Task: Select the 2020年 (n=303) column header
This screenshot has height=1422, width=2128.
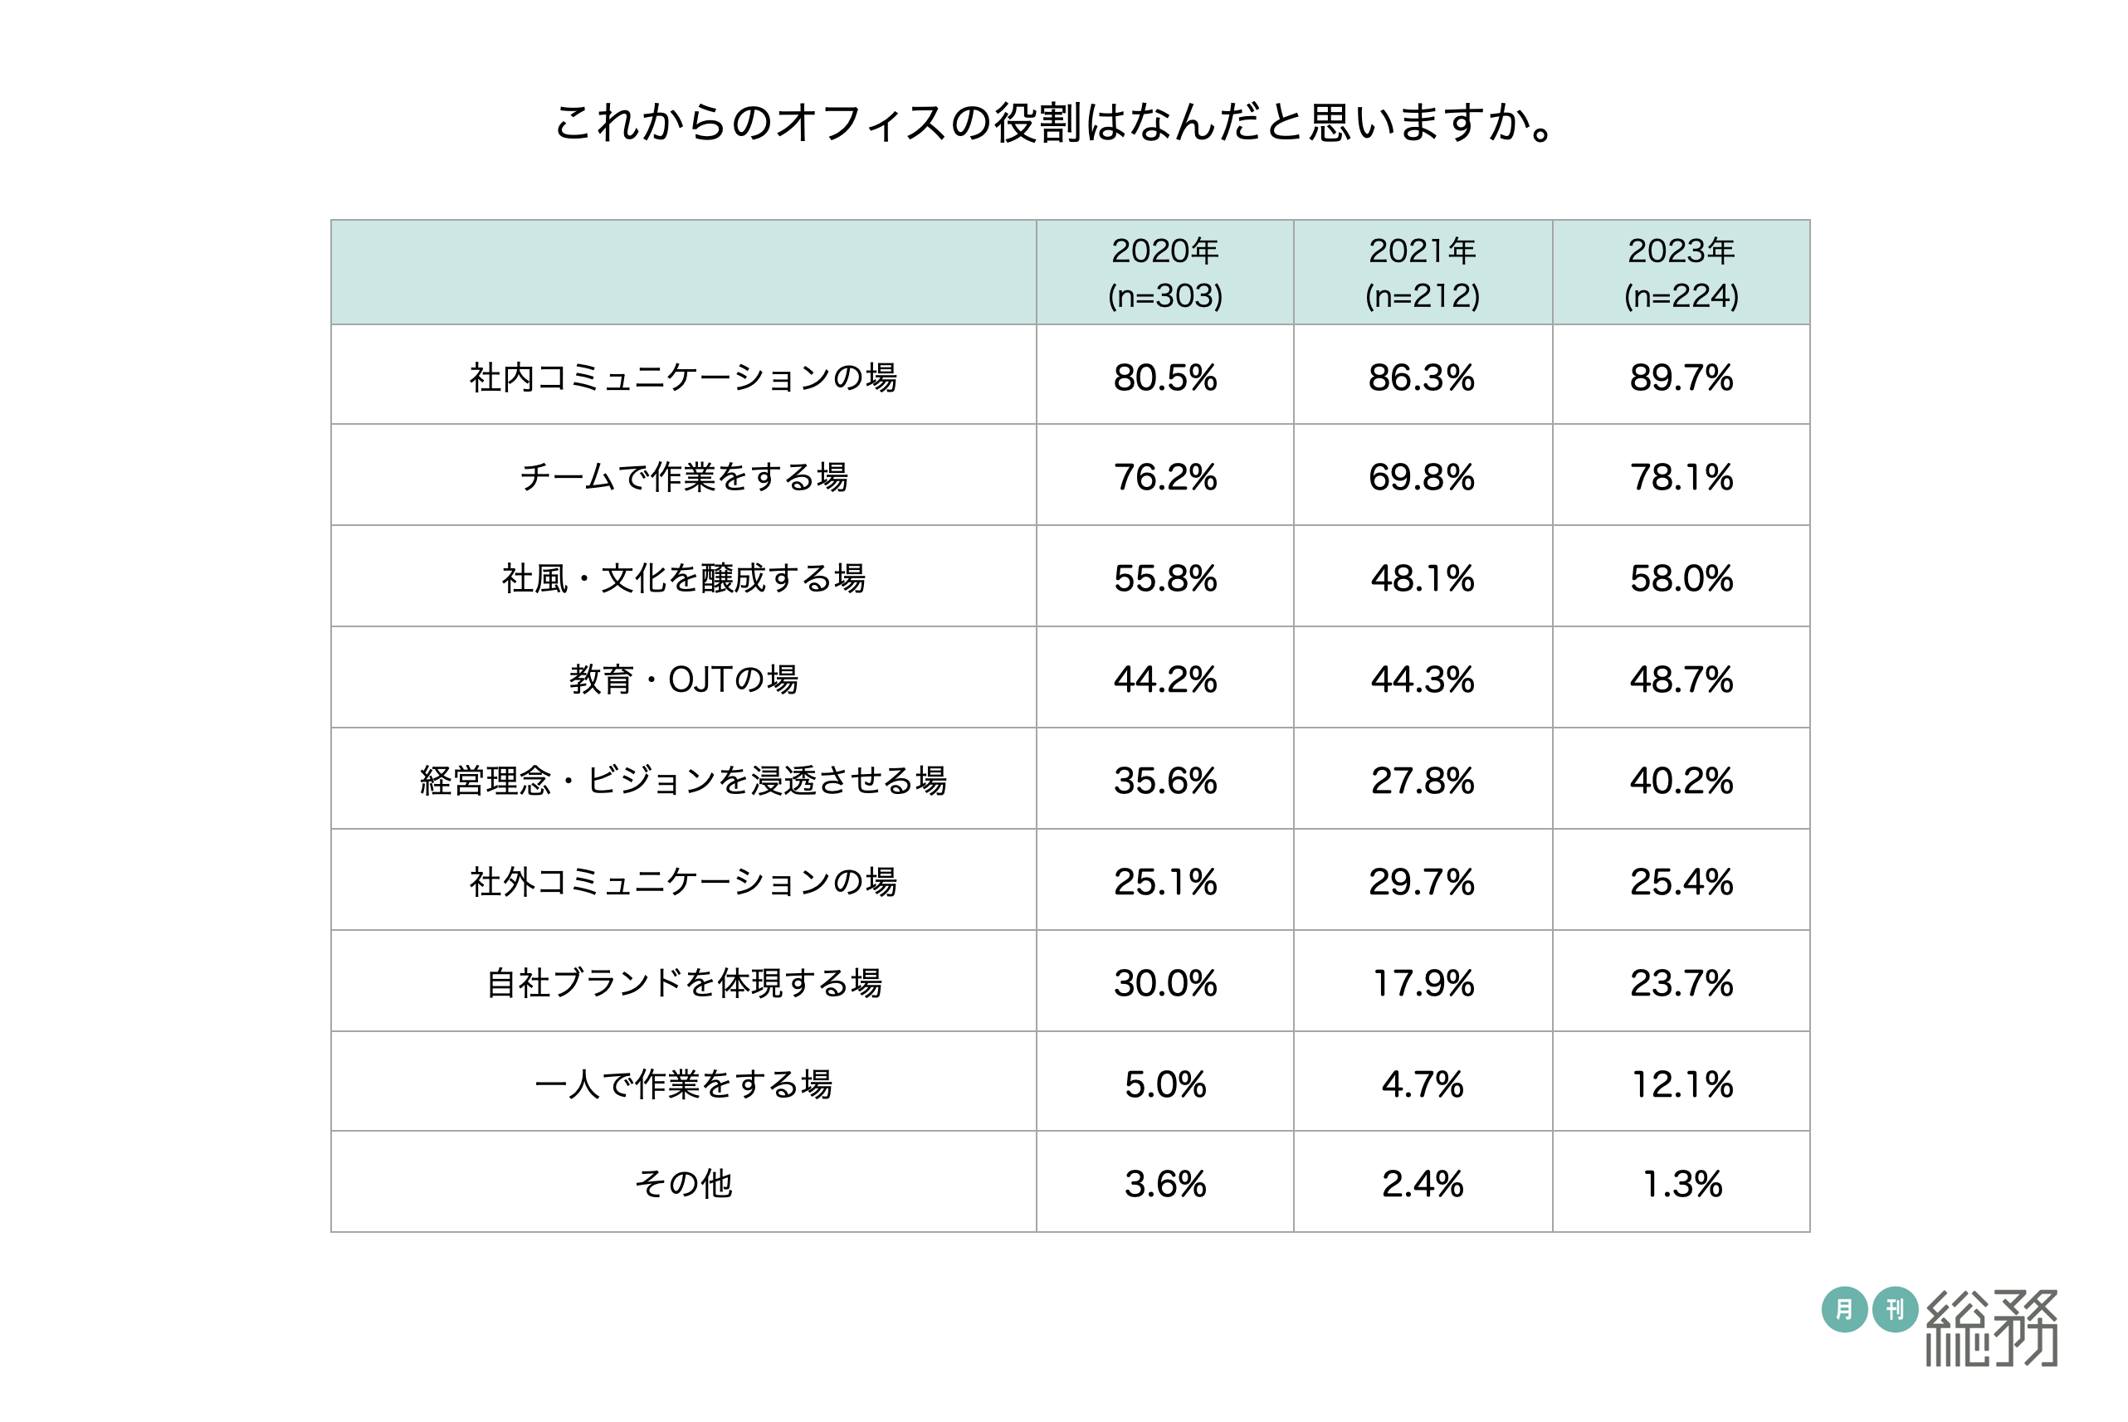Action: click(1164, 272)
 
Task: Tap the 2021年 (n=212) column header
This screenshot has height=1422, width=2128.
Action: click(1423, 272)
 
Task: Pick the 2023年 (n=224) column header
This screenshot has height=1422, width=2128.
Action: click(1681, 272)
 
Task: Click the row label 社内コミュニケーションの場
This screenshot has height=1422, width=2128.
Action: click(683, 377)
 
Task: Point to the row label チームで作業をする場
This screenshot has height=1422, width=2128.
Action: click(683, 477)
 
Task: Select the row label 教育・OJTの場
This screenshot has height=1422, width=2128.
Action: click(683, 679)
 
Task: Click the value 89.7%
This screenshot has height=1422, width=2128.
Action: click(1681, 377)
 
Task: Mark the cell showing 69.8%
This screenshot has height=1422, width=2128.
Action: click(1422, 477)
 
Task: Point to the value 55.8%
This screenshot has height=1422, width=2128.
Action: click(1164, 578)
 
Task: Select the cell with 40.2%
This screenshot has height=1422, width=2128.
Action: click(1681, 781)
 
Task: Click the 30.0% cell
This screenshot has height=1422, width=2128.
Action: click(1164, 983)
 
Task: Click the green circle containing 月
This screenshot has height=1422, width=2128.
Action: click(1844, 1309)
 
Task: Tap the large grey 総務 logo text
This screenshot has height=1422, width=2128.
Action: click(1992, 1327)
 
